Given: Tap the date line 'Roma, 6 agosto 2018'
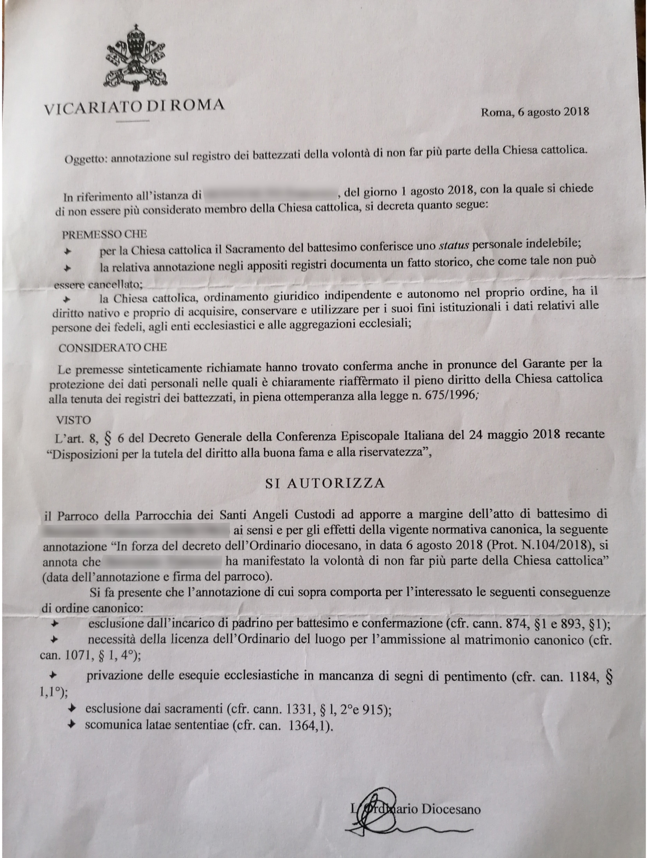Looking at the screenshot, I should pos(535,112).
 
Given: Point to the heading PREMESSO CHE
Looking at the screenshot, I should pos(104,234).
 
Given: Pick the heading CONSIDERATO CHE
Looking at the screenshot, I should pos(113,347).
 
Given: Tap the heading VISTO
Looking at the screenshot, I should pos(74,420).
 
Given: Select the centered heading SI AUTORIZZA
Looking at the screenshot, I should pos(325,483).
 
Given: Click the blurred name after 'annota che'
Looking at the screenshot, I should pos(163,562).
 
